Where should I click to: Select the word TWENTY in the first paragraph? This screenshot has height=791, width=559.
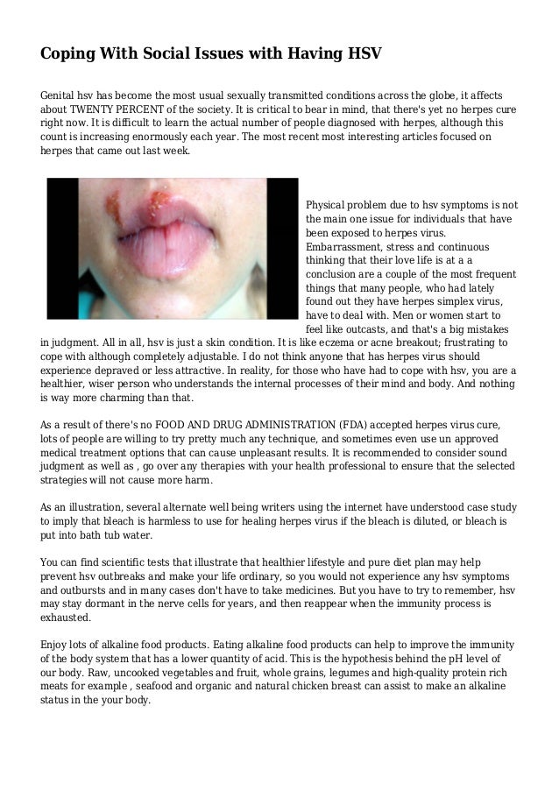click(x=98, y=109)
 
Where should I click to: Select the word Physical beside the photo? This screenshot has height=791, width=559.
click(x=330, y=204)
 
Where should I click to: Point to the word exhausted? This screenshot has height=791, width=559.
click(x=74, y=618)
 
